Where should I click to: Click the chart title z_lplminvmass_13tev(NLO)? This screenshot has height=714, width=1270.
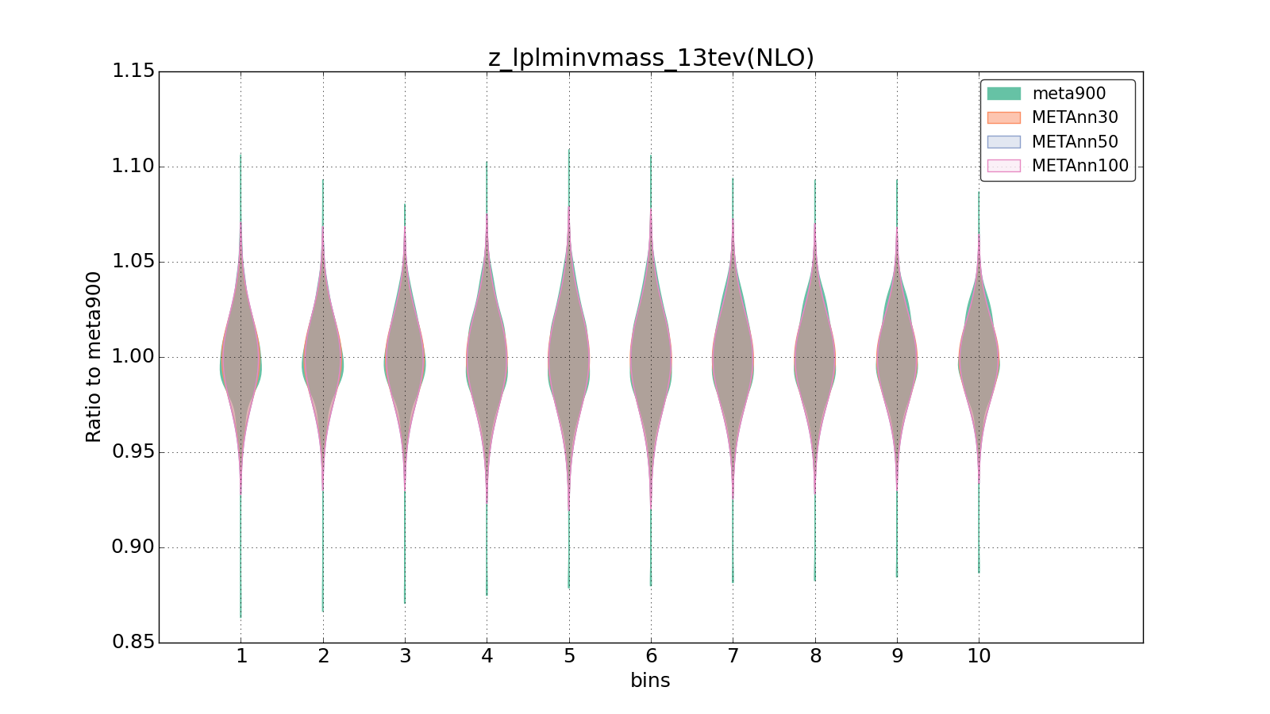click(651, 58)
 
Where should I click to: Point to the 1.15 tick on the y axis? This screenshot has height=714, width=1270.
click(133, 71)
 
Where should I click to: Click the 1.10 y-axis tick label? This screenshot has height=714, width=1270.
click(133, 167)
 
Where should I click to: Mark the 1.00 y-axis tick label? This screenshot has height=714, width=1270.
click(133, 357)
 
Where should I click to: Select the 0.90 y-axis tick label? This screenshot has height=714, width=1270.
click(133, 547)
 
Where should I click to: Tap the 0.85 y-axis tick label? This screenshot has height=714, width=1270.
click(133, 642)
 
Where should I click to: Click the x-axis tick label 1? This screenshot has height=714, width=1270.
click(241, 656)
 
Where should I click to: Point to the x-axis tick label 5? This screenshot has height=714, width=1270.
click(569, 656)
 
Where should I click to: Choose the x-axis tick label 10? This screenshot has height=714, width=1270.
click(979, 656)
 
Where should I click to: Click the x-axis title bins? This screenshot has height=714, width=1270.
click(650, 681)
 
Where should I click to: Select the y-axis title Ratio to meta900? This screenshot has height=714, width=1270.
click(94, 357)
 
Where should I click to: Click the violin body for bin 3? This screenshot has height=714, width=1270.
click(405, 357)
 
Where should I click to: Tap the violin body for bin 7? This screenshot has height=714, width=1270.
click(733, 357)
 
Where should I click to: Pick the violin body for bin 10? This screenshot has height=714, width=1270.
click(979, 357)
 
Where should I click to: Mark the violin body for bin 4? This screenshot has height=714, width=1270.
click(487, 357)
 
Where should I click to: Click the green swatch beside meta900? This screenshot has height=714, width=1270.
click(1003, 94)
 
